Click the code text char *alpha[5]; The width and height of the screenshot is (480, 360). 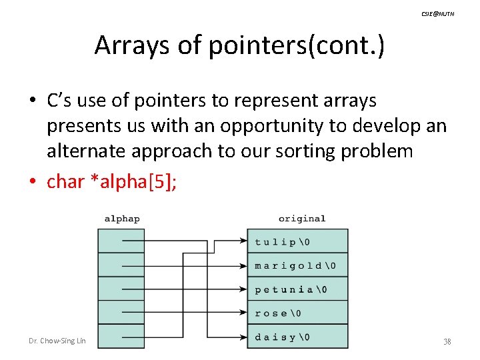[x=112, y=181]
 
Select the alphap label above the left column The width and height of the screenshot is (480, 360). [x=122, y=219]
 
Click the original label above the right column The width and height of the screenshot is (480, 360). [x=301, y=219]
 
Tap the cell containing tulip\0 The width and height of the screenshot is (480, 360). [x=297, y=241]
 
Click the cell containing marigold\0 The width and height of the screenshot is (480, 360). [x=297, y=265]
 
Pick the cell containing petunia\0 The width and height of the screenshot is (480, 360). [x=297, y=289]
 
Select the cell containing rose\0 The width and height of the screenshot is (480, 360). [x=297, y=313]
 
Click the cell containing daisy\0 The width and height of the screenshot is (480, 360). [x=297, y=337]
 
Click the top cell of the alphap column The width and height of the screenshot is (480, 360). [x=121, y=241]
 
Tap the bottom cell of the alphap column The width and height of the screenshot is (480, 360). [x=121, y=337]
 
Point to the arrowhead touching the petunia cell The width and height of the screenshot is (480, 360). [x=243, y=289]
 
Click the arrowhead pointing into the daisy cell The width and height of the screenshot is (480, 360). [x=243, y=337]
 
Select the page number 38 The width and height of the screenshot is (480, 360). [x=447, y=341]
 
